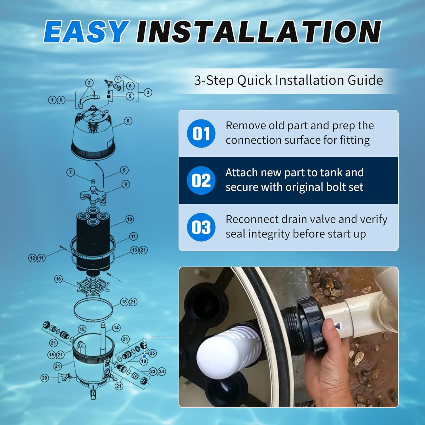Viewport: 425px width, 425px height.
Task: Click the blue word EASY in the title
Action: click(85, 32)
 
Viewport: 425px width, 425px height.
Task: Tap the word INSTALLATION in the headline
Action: click(258, 32)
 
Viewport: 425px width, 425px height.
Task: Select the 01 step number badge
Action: click(201, 133)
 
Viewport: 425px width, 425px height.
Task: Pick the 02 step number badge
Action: click(201, 180)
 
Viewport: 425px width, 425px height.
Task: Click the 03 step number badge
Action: click(201, 227)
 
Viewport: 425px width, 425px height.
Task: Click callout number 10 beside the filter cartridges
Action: click(129, 219)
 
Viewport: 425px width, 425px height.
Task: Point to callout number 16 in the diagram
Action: click(58, 279)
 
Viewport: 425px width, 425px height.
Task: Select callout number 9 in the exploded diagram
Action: click(126, 184)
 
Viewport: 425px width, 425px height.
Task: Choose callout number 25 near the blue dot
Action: click(152, 353)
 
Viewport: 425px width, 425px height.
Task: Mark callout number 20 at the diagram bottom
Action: click(44, 378)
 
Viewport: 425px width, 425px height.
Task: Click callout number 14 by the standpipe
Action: click(116, 328)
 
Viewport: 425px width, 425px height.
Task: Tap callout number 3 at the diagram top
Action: click(148, 92)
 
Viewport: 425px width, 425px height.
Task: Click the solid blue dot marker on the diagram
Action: click(144, 356)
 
